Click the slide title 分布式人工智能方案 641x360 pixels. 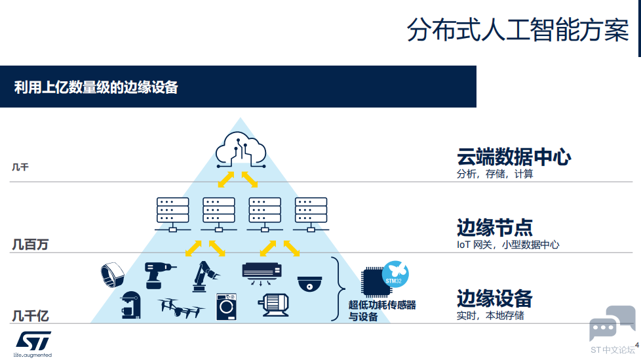pos(517,31)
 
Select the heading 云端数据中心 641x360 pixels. pos(514,157)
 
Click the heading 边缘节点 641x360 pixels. pos(494,228)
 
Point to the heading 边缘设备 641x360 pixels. pos(494,298)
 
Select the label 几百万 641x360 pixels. pos(31,245)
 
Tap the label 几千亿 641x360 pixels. pos(31,316)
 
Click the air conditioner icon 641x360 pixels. pos(262,272)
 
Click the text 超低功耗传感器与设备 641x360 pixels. pos(382,311)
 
